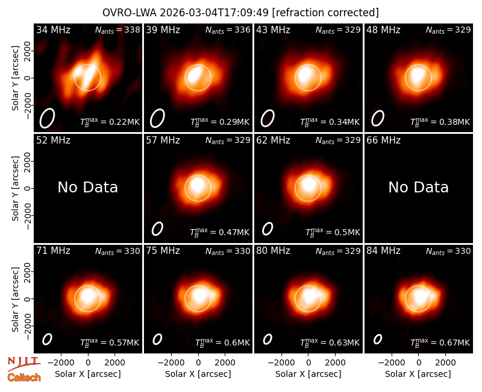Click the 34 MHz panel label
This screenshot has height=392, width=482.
click(x=53, y=30)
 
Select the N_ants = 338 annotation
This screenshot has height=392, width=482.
click(x=117, y=30)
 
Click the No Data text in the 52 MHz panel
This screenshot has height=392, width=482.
click(x=88, y=187)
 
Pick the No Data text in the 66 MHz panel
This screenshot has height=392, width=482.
click(x=418, y=187)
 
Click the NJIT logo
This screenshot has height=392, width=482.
click(x=23, y=364)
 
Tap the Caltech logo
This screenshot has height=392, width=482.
click(x=24, y=378)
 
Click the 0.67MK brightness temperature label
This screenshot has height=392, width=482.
click(x=454, y=343)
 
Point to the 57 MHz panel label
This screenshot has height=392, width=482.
click(x=163, y=141)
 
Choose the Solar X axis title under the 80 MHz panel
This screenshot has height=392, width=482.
click(x=308, y=374)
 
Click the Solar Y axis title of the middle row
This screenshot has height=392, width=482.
click(x=16, y=188)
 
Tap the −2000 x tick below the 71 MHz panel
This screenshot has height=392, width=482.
click(x=61, y=362)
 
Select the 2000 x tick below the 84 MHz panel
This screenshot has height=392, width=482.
click(x=445, y=362)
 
